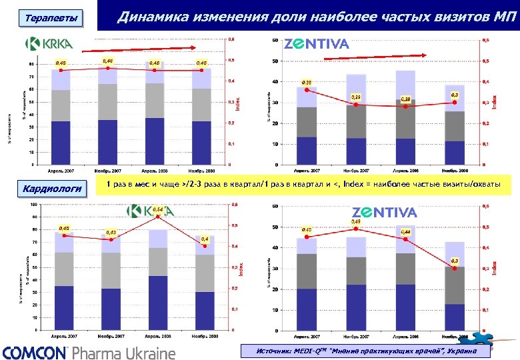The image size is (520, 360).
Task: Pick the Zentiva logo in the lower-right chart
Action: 384,213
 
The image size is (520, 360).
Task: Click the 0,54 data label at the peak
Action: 157,209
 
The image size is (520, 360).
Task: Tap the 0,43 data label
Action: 109,232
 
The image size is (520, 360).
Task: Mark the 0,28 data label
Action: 405,99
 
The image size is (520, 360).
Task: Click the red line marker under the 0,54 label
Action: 157,217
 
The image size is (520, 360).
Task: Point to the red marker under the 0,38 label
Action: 307,90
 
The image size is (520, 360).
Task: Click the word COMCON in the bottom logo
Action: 35,352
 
